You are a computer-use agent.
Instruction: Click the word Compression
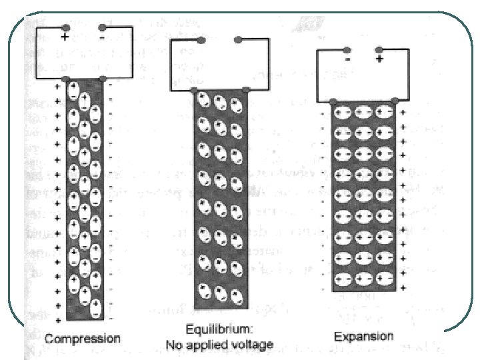click(x=83, y=338)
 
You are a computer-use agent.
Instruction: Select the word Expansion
click(x=365, y=336)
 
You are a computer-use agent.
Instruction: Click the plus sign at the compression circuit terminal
click(x=65, y=38)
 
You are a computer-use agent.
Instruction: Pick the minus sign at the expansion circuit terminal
click(x=349, y=59)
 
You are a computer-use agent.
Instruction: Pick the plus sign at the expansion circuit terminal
click(x=379, y=59)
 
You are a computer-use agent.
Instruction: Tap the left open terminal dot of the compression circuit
click(x=65, y=28)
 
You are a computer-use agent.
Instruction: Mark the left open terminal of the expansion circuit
click(x=349, y=49)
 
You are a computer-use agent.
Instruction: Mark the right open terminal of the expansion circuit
click(x=379, y=49)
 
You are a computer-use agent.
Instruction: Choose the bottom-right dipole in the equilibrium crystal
click(x=236, y=293)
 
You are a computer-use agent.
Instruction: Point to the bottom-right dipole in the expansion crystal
click(x=382, y=279)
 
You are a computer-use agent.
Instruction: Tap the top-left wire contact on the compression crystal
click(x=67, y=79)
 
